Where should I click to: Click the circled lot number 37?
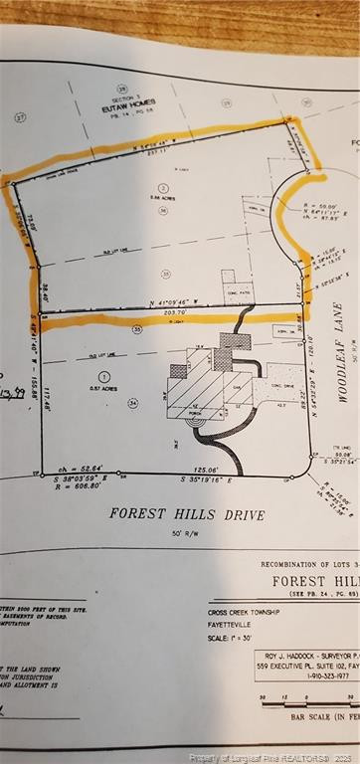coord(20,117)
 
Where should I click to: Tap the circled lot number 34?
coord(132,404)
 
